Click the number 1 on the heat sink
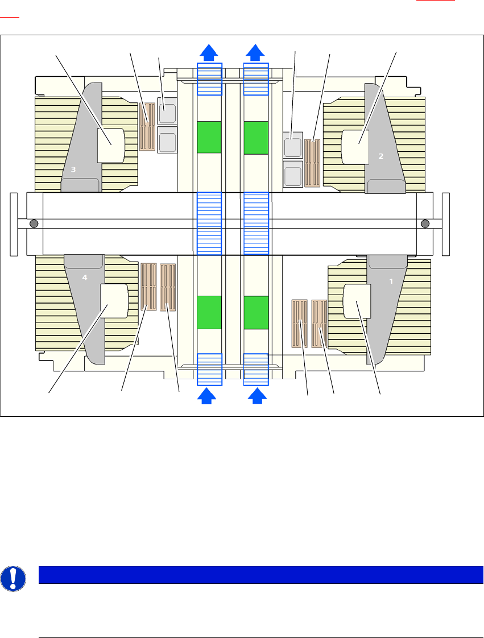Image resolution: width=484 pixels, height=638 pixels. [x=391, y=281]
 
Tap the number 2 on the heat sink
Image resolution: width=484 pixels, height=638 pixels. [x=381, y=156]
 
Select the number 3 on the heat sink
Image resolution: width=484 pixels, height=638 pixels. [x=73, y=169]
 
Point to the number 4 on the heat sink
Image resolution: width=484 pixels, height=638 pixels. [x=85, y=278]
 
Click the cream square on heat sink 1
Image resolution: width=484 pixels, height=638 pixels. [x=357, y=301]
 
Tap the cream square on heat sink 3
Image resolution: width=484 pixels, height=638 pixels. [x=111, y=146]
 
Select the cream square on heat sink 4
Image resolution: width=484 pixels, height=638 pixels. [x=114, y=301]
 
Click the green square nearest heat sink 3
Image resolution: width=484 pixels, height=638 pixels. [x=209, y=137]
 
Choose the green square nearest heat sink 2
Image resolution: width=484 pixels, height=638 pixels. [x=255, y=137]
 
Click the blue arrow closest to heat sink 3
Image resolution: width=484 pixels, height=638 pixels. [x=209, y=52]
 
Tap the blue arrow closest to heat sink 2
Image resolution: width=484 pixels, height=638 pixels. [x=255, y=52]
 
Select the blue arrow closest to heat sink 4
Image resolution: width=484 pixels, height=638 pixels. [x=209, y=396]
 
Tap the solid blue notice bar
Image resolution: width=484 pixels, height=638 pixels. [x=260, y=575]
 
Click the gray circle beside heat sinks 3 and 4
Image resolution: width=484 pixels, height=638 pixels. [x=34, y=224]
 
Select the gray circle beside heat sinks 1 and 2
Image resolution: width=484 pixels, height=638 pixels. [x=424, y=224]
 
